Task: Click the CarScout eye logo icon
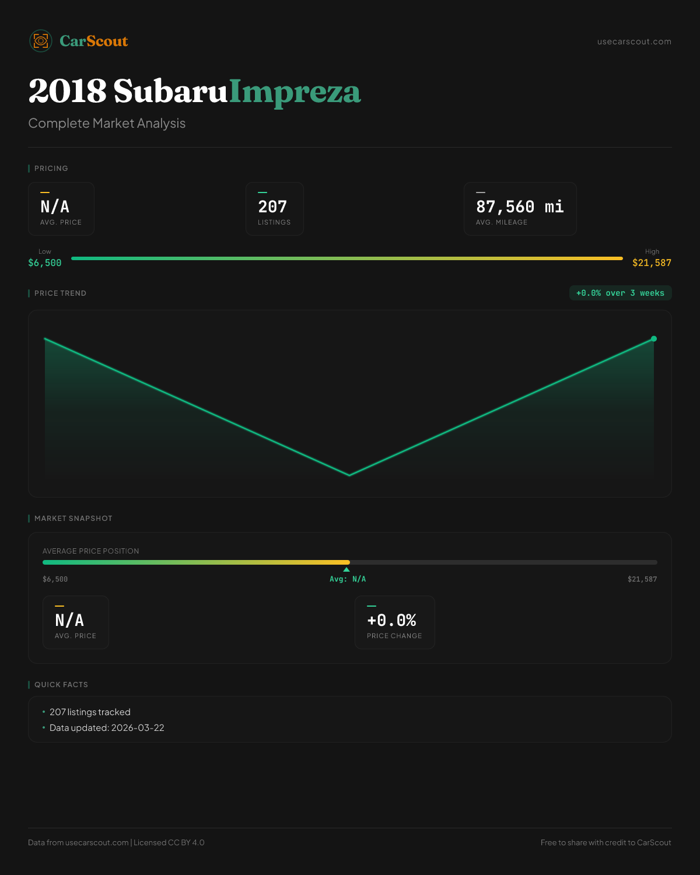coord(41,41)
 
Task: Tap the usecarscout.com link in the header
coord(634,41)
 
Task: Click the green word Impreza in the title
coord(295,92)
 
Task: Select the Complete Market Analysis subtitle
coord(107,123)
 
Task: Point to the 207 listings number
coord(272,207)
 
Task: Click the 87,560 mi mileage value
coord(520,207)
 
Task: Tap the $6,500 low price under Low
coord(45,263)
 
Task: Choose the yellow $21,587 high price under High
coord(652,263)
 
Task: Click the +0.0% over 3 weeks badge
coord(620,293)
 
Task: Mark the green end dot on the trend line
coord(654,339)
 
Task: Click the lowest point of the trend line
coord(349,475)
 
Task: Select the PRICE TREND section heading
coord(60,293)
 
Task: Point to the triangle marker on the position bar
coord(346,569)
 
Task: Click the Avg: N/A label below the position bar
coord(348,579)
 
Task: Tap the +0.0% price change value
coord(391,620)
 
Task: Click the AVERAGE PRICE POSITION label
coord(91,551)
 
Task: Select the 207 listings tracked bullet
coord(90,712)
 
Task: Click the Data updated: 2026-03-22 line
coord(107,728)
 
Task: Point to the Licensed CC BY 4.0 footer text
coord(169,842)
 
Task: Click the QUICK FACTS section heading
coord(61,685)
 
